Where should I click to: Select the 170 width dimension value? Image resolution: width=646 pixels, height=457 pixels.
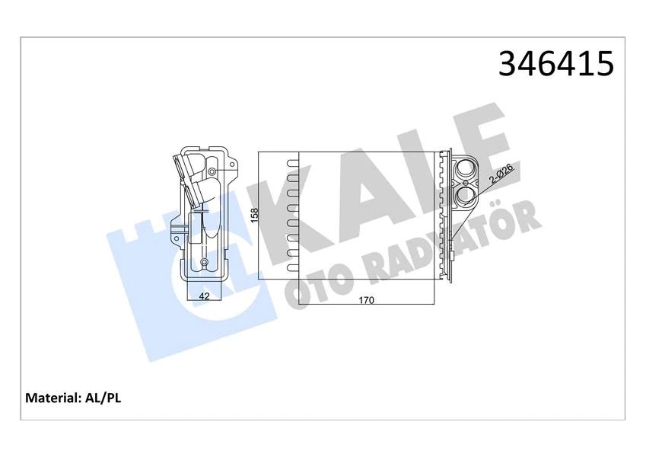point(366,300)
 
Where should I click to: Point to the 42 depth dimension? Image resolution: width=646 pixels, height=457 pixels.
point(204,296)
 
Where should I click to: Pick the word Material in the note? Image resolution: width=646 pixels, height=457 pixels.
point(53,398)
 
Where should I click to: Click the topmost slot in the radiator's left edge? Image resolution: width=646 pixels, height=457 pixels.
point(291,161)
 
